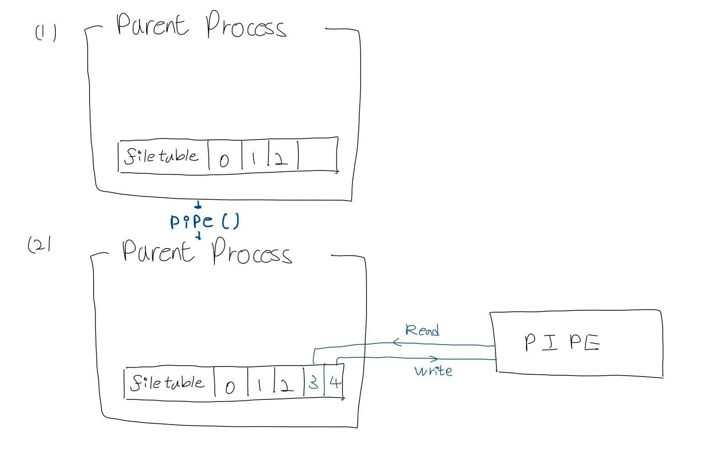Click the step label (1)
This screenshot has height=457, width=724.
[46, 33]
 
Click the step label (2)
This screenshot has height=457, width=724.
[39, 245]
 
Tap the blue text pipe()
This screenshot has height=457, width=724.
[204, 222]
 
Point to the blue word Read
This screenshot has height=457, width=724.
[422, 330]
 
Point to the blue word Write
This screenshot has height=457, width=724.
[433, 370]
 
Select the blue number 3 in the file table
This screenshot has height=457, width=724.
[314, 382]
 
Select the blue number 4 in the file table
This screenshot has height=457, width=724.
[335, 382]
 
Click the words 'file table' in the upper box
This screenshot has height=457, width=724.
[161, 156]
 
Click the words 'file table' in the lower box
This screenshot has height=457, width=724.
[167, 383]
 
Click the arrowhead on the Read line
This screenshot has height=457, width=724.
[396, 342]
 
